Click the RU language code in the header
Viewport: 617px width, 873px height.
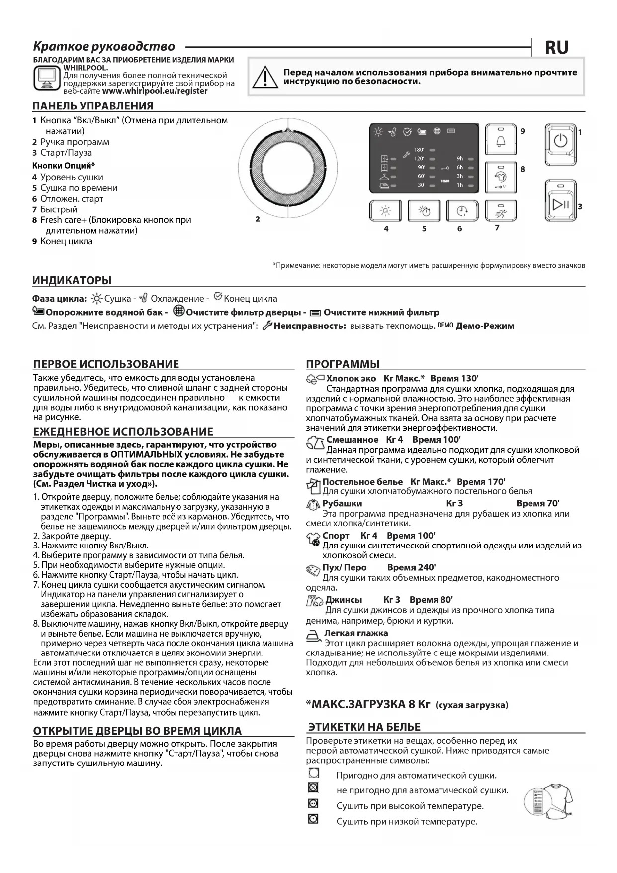(557, 48)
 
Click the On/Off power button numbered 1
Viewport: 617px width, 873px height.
(560, 141)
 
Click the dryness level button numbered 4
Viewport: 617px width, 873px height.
(386, 211)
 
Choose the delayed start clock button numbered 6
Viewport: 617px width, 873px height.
(462, 211)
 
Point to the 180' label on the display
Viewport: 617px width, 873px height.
(419, 150)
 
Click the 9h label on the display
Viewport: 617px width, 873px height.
(460, 159)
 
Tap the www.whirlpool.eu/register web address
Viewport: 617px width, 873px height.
(155, 91)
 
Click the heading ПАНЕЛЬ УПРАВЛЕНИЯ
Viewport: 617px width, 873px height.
(93, 106)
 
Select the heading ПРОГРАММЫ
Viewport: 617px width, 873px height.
(343, 364)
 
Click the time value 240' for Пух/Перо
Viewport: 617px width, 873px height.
(411, 567)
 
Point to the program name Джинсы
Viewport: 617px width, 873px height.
(344, 600)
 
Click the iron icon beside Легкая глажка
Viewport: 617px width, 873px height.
(313, 635)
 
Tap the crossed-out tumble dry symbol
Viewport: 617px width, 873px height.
(313, 788)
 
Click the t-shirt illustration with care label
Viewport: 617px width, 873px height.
(549, 801)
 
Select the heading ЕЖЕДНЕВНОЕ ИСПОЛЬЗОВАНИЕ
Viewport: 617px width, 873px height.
(123, 432)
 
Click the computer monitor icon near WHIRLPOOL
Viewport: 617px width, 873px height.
(46, 78)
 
